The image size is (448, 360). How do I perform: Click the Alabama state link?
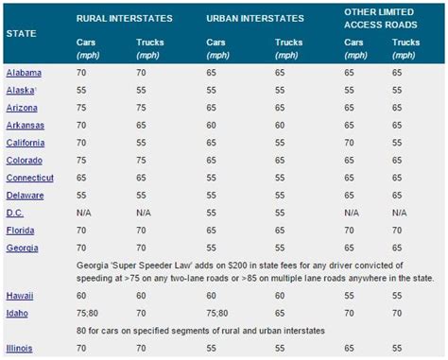[23, 73]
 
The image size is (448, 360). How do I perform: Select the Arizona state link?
[22, 108]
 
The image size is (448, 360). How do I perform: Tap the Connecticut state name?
[30, 178]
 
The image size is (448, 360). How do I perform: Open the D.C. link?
[15, 213]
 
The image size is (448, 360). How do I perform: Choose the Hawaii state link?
[20, 295]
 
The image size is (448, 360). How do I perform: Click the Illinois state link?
[20, 348]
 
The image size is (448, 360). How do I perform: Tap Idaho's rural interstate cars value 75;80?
[90, 312]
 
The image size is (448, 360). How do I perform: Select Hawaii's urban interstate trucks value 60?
[281, 295]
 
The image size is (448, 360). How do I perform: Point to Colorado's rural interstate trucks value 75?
[142, 161]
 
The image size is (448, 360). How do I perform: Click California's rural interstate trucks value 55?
[142, 143]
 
